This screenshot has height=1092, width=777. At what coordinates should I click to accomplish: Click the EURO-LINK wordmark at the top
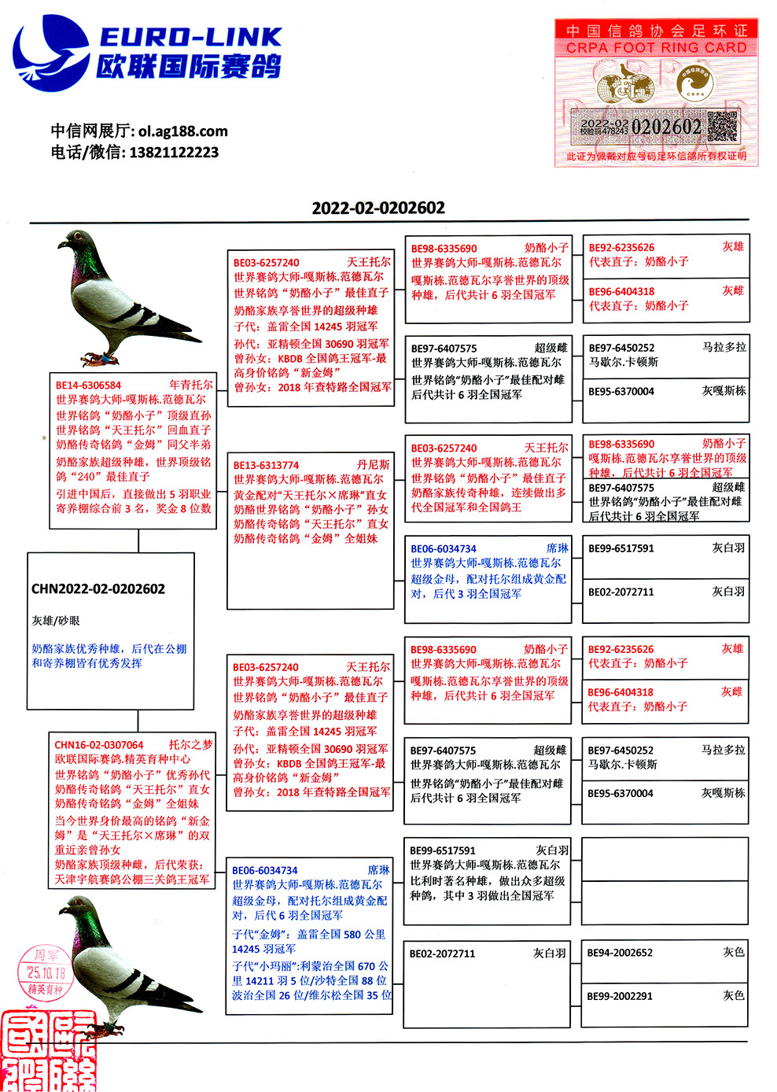[190, 36]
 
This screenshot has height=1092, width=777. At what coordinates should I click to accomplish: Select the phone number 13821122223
[174, 153]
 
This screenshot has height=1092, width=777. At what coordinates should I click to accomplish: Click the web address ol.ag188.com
[182, 131]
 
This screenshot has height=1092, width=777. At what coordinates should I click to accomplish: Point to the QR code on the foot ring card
[722, 127]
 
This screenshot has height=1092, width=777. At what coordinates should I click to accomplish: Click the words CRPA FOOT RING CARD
[656, 48]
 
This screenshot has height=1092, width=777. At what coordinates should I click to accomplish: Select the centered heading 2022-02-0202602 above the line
[378, 208]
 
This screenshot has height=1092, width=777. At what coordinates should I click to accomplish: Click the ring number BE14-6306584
[88, 386]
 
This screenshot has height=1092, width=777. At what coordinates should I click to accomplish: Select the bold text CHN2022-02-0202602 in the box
[98, 588]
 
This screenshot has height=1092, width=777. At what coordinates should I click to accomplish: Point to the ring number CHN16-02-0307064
[99, 745]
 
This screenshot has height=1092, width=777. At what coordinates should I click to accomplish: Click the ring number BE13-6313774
[266, 465]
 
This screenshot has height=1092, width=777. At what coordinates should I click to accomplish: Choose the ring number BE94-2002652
[620, 953]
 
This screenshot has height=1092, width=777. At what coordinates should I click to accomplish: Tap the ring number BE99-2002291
[620, 996]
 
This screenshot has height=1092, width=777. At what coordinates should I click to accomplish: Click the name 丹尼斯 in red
[373, 465]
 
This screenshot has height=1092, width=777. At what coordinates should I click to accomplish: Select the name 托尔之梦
[190, 744]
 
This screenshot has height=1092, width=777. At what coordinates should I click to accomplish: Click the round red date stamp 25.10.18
[44, 972]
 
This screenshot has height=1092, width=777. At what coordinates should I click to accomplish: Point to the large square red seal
[47, 1051]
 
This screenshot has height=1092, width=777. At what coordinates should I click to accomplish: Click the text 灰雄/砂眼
[56, 621]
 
